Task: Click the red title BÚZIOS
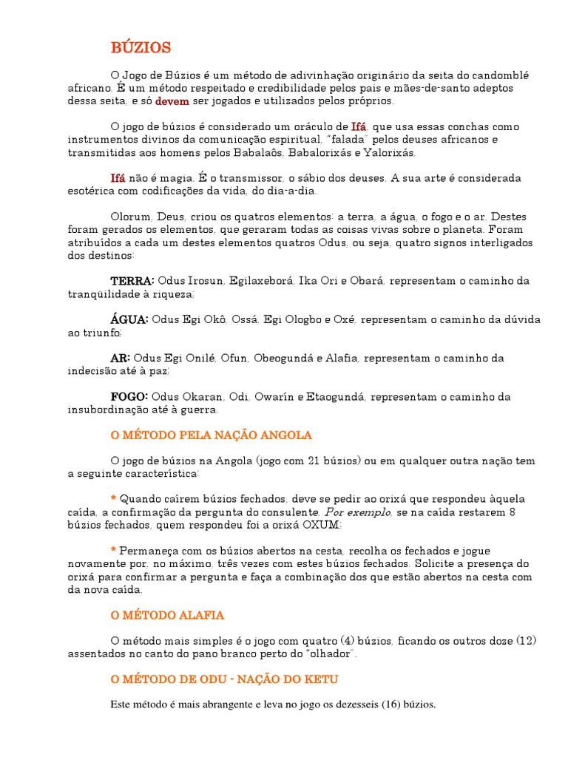click(141, 48)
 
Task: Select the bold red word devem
click(172, 101)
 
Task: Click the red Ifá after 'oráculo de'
click(359, 127)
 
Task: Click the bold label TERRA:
click(132, 282)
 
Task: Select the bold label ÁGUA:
click(129, 320)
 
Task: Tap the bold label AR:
click(120, 359)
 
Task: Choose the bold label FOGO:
click(129, 397)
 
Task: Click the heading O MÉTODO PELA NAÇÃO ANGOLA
click(211, 435)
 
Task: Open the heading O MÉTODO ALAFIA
click(167, 615)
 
